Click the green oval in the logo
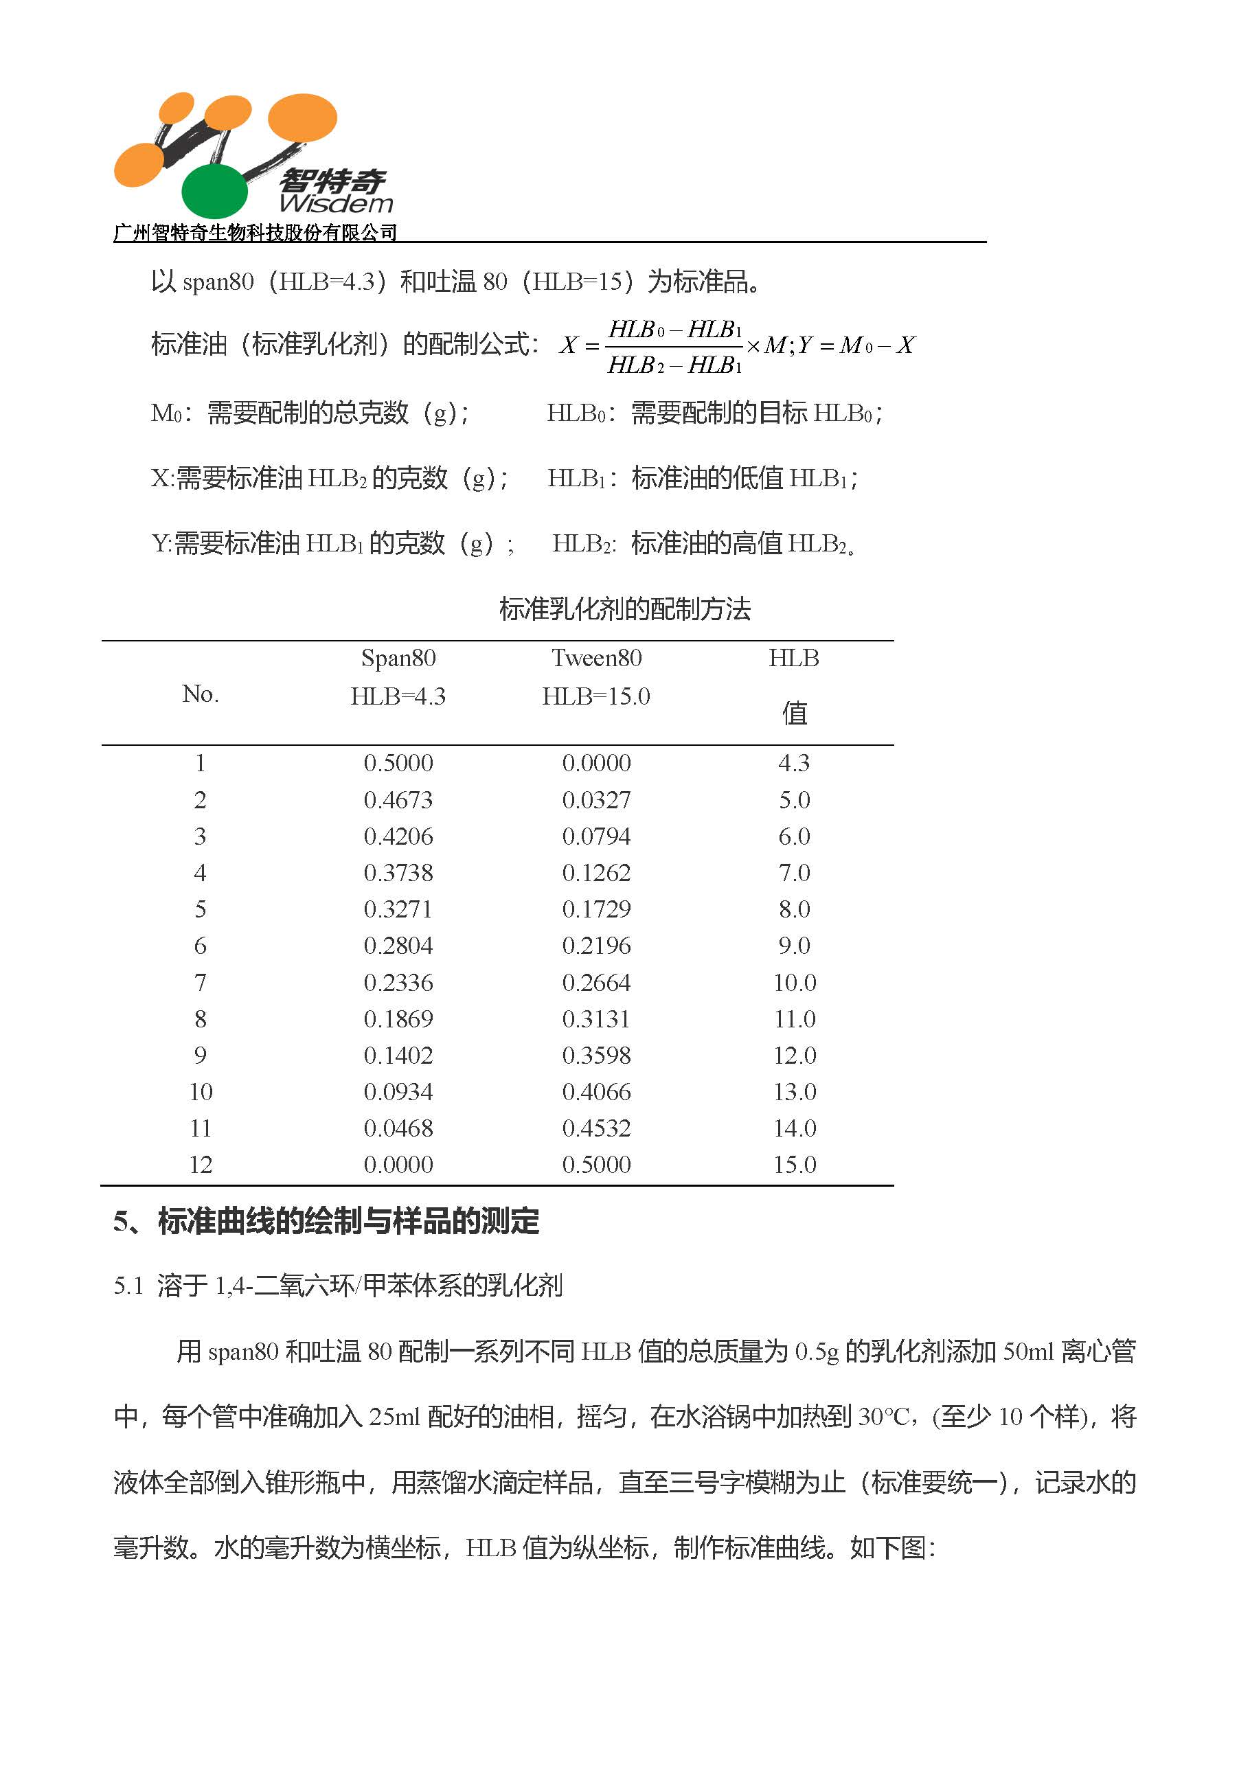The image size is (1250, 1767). point(214,190)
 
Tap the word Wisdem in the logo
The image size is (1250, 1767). point(336,204)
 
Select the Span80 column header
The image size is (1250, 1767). point(398,659)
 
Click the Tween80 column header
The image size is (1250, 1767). point(597,659)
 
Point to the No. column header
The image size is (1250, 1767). point(201,694)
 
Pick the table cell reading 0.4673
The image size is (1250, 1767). point(398,800)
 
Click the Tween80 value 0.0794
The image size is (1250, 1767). point(597,836)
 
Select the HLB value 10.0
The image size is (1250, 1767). point(795,983)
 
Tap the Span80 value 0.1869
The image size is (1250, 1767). point(398,1019)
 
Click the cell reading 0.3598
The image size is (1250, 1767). point(597,1055)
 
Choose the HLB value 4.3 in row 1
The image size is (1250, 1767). point(795,764)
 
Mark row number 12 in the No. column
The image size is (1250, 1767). point(201,1165)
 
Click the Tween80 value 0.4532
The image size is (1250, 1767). point(597,1128)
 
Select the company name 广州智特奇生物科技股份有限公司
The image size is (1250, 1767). point(255,232)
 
